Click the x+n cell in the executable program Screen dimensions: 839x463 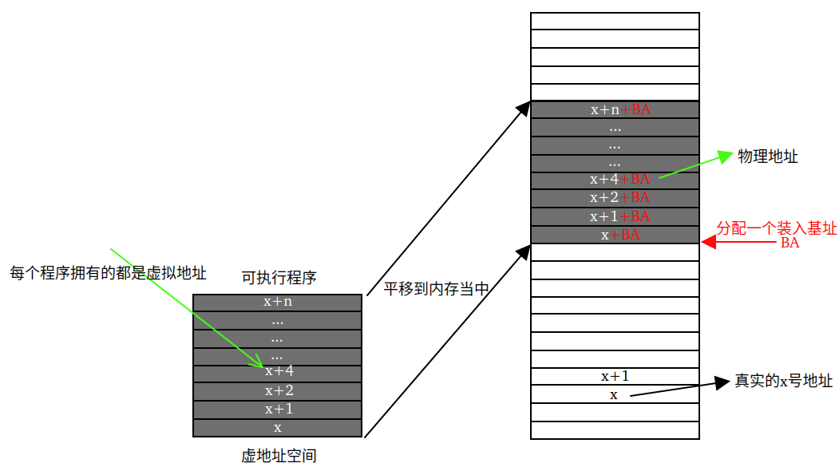(278, 303)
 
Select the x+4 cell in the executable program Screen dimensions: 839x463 (278, 372)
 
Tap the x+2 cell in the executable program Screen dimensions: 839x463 (278, 390)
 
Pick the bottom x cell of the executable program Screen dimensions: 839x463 (278, 428)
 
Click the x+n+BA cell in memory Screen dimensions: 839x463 (615, 109)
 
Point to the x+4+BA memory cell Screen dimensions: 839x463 (615, 180)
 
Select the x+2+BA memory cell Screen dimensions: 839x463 (615, 198)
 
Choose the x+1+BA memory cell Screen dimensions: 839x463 (615, 216)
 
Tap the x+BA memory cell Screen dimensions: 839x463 (615, 235)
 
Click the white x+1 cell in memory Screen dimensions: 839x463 (615, 377)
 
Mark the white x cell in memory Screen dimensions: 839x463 (615, 395)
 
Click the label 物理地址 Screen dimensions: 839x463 (768, 156)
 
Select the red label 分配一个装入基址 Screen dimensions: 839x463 (776, 228)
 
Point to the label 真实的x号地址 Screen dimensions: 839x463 (784, 381)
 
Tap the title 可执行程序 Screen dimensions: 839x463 (279, 278)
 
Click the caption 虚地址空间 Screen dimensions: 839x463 (279, 456)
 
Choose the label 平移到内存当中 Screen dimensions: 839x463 (436, 289)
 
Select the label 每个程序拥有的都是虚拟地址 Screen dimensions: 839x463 (109, 273)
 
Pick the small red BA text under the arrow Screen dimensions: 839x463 (790, 243)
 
